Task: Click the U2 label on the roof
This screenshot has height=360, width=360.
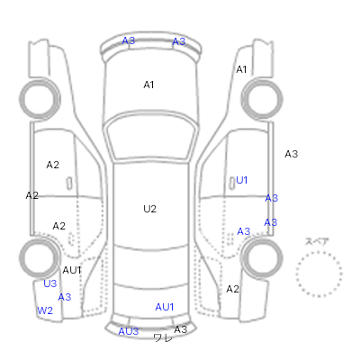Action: tap(149, 209)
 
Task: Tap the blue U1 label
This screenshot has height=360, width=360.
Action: tap(242, 180)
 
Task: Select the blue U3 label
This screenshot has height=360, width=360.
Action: tap(49, 283)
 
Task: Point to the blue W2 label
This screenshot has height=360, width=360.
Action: tap(45, 310)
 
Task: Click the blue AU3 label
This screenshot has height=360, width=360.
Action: tap(129, 331)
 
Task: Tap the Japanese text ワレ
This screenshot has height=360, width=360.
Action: tap(163, 338)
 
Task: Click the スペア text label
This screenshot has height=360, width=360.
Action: tap(317, 241)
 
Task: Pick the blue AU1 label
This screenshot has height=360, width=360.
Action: tap(165, 307)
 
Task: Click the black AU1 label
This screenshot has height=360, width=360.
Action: tap(72, 270)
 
